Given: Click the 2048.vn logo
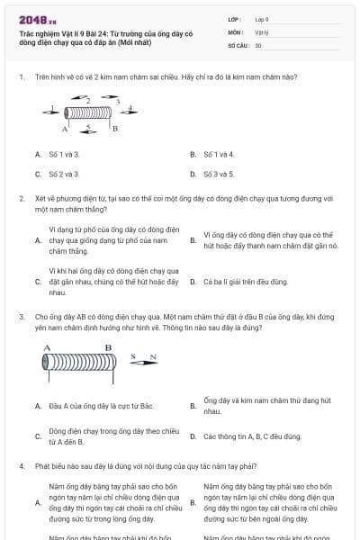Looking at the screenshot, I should [31, 20].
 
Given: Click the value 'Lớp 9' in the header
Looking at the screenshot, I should [262, 19].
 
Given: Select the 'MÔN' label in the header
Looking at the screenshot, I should [235, 31].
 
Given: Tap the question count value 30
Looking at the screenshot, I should [258, 44].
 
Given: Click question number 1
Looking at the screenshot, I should [21, 78].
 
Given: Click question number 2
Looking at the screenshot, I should [21, 197].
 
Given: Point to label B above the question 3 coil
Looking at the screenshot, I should [108, 347].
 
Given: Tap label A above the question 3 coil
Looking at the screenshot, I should [47, 346].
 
